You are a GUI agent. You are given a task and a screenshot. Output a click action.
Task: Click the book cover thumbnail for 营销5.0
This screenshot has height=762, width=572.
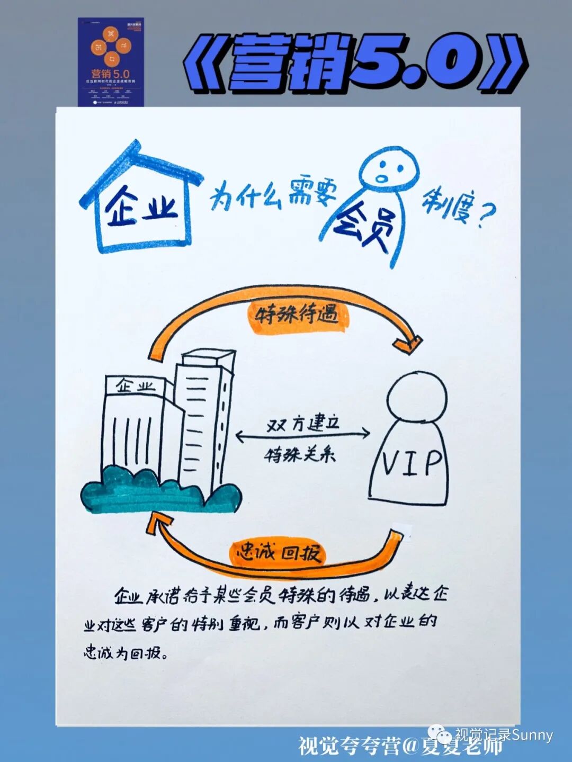tap(111, 62)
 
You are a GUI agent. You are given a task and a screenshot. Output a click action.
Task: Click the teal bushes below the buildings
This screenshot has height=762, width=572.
tap(159, 490)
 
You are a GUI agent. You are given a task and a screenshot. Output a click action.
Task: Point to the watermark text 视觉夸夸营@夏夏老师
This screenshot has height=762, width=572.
tap(400, 746)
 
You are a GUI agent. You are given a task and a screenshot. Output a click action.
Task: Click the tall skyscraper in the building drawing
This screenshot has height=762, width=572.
tap(204, 418)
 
